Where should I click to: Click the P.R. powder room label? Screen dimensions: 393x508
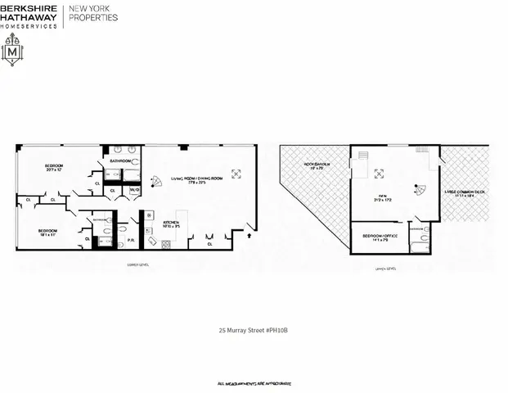[132, 241]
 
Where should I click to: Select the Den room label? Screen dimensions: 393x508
[379, 196]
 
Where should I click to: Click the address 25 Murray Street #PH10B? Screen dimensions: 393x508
[254, 331]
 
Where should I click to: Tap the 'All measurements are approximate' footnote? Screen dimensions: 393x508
[254, 383]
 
